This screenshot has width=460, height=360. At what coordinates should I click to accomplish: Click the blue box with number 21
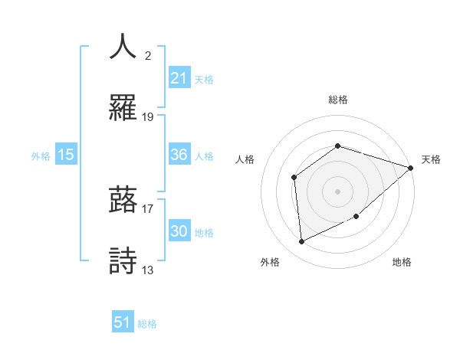(179, 78)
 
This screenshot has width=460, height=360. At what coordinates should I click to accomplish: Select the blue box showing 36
(179, 155)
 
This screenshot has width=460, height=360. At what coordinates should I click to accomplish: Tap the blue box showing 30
(179, 231)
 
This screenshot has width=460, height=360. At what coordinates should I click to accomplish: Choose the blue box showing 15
(66, 155)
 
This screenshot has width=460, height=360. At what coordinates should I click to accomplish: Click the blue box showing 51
(123, 322)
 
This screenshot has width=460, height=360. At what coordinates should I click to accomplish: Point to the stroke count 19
(148, 117)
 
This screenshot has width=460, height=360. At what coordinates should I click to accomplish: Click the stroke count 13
(148, 270)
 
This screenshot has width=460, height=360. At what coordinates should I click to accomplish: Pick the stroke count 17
(148, 207)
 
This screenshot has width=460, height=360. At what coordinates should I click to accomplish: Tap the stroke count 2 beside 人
(147, 55)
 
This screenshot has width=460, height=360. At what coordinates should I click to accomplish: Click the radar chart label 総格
(337, 100)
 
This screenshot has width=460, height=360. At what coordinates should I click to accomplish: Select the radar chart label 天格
(431, 159)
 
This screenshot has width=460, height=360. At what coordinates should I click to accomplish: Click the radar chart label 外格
(270, 262)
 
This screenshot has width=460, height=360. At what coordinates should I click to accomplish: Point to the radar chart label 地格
(402, 262)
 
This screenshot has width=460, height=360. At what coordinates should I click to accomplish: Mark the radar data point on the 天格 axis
(410, 168)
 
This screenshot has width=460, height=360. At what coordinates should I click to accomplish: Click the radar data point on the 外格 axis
(302, 241)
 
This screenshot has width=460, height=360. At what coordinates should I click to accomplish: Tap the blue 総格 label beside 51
(147, 323)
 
